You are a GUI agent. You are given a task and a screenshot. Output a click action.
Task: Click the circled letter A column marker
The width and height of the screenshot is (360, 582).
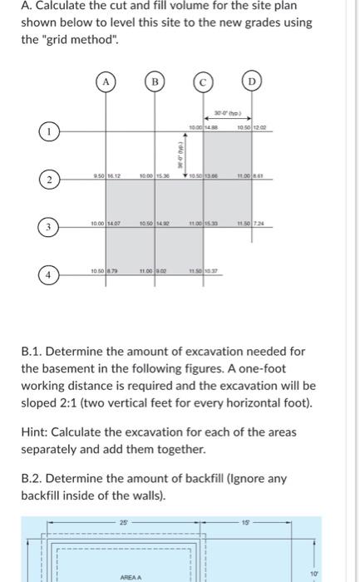pos(106,81)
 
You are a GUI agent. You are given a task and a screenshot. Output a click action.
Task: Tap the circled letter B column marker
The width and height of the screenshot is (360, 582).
pos(155,81)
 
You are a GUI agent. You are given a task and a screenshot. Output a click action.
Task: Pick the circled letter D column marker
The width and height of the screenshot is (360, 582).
pos(253,81)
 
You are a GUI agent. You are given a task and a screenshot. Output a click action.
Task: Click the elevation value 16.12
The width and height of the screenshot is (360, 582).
pos(114,176)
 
